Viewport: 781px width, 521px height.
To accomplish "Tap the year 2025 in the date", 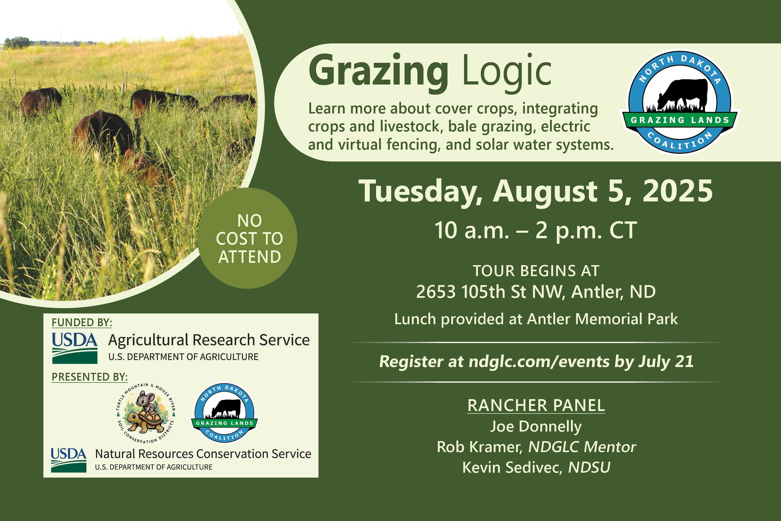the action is coord(677,191).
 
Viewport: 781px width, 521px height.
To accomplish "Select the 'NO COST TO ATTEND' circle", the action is coord(248,238).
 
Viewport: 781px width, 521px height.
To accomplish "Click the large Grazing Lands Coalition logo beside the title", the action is coord(679,102).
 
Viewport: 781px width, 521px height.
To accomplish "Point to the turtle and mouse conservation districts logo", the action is coord(145,413).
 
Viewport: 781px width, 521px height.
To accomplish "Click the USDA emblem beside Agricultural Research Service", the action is coord(75,348).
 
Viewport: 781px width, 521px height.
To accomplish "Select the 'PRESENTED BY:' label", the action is coord(90,377).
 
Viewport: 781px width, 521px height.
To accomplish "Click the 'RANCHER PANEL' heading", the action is coord(536,406).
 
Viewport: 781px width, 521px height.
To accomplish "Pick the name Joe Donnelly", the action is coord(536,427).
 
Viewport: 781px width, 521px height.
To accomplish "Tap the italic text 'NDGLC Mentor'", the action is coord(582,447).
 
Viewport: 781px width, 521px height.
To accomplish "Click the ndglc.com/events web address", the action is coord(539,362).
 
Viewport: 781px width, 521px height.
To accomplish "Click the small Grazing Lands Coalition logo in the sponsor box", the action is coord(224,413).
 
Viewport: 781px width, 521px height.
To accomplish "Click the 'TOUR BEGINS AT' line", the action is coord(536,271).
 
